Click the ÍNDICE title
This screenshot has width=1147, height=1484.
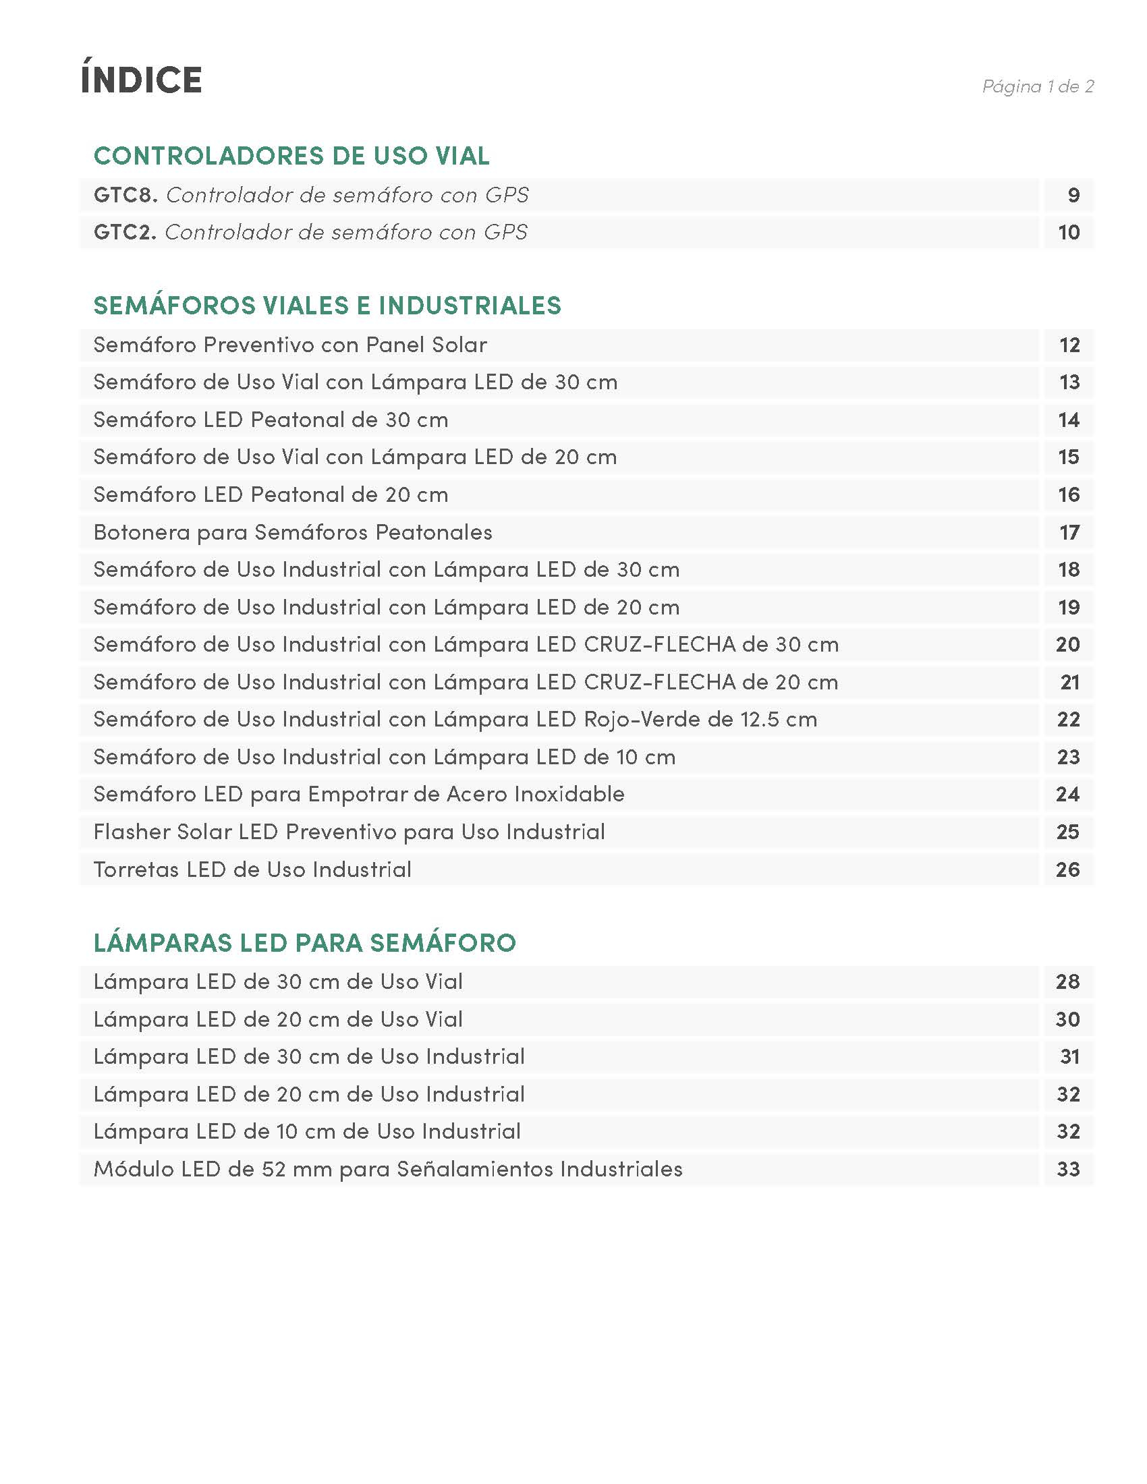tap(141, 79)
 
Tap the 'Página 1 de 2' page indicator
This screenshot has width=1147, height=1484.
tap(1038, 86)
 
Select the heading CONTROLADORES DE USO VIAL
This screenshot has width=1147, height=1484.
tap(291, 156)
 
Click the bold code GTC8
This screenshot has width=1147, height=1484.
tap(125, 196)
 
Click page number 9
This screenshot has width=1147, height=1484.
tap(1073, 196)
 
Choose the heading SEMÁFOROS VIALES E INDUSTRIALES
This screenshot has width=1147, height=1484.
tap(327, 306)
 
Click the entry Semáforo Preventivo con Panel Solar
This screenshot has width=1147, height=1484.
tap(290, 345)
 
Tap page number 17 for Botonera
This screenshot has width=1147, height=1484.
tap(1069, 532)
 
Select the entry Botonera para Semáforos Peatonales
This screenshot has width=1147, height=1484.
tap(293, 532)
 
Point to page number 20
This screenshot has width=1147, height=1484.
tap(1067, 644)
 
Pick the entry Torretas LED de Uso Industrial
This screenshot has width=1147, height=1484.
tap(252, 869)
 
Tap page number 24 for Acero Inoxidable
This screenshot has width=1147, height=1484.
tap(1067, 795)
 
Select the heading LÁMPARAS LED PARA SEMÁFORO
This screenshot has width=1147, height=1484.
tap(304, 943)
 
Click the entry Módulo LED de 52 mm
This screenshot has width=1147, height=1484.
tap(387, 1170)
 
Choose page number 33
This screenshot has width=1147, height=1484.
tap(1068, 1170)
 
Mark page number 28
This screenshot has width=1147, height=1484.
tap(1067, 982)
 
